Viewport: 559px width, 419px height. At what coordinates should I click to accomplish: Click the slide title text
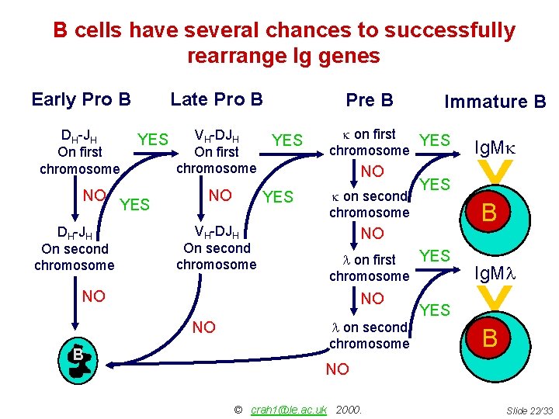tap(283, 43)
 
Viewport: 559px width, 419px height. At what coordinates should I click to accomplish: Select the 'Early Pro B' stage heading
tap(81, 99)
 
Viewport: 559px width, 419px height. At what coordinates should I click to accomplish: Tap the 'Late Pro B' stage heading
tap(217, 99)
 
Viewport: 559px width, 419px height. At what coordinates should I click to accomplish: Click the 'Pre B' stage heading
tap(370, 100)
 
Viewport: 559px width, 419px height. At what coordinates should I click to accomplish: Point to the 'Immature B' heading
tap(495, 102)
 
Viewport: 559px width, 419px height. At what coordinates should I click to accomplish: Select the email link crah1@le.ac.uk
tap(289, 409)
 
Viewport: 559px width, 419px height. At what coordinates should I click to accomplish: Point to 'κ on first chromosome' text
tap(369, 142)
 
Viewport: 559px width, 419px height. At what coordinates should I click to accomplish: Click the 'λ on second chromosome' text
tap(369, 335)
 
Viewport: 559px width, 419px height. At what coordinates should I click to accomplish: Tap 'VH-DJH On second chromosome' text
tap(216, 248)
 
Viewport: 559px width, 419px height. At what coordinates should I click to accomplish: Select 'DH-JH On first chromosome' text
tap(79, 152)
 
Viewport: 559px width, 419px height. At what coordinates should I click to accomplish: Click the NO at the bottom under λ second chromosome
tap(338, 369)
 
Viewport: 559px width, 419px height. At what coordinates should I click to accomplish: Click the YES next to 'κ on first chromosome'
tap(435, 140)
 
